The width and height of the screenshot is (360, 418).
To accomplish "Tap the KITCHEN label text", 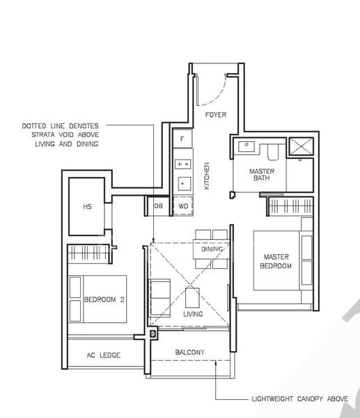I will (207, 177).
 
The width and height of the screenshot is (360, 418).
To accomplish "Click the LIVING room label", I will (193, 314).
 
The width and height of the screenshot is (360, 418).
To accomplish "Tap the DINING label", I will (212, 249).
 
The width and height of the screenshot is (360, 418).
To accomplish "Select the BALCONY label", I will (189, 353).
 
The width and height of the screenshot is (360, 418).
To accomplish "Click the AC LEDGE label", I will (103, 355).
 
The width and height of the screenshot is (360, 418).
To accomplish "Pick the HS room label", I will (87, 207).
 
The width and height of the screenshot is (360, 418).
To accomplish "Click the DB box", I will (157, 206).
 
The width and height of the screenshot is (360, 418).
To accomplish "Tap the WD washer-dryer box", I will (182, 206).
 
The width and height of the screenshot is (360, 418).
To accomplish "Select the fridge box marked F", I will (182, 139).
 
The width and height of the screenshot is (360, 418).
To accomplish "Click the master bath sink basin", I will (246, 147).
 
